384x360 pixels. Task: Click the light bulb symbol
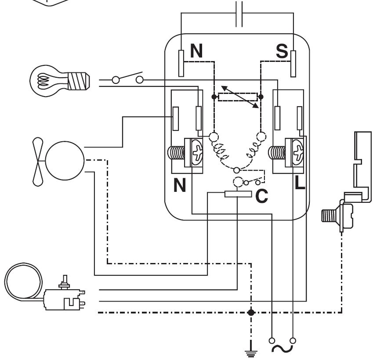59,81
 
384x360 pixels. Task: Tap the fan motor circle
65,161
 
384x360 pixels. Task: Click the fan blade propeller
38,162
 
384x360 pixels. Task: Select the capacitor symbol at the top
239,14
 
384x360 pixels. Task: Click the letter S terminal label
282,51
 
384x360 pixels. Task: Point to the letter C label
261,196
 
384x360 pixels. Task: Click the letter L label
300,183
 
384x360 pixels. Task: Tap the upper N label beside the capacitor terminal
196,50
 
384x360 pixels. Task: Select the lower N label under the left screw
180,185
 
